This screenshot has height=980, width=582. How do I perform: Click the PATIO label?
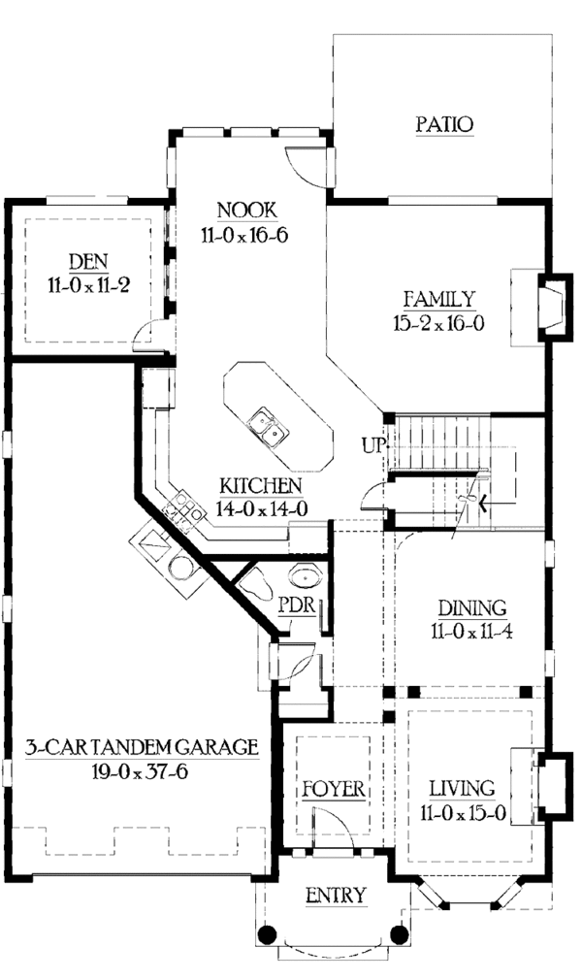[444, 124]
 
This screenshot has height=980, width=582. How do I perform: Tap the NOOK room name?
[247, 210]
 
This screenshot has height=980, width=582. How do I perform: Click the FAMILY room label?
[439, 299]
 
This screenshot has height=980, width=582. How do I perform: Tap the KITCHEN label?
[259, 485]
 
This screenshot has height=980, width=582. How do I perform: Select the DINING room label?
[471, 608]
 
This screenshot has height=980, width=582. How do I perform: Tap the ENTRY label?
[336, 894]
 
